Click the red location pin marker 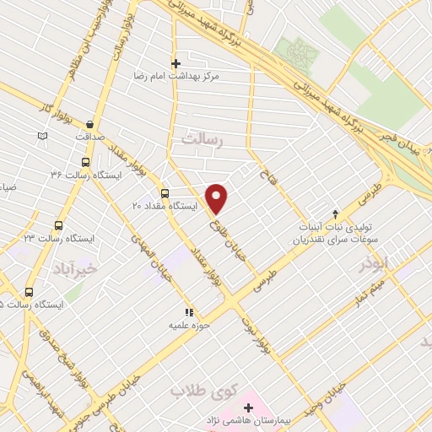tap(217, 197)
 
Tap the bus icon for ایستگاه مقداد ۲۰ tap(165, 192)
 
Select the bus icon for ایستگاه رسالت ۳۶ tap(84, 162)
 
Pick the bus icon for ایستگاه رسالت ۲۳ tap(58, 225)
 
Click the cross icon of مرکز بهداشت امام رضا tap(175, 63)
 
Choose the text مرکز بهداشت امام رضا tap(175, 76)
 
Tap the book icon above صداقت tap(43, 136)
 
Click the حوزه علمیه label tap(189, 325)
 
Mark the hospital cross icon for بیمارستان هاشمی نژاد tap(247, 408)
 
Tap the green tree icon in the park tap(298, 53)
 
